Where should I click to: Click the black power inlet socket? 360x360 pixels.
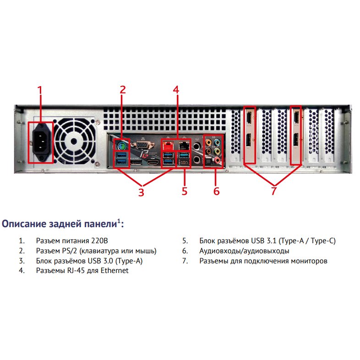[x=41, y=142]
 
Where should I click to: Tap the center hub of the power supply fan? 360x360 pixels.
[x=74, y=142]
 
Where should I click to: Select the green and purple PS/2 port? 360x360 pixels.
[x=122, y=145]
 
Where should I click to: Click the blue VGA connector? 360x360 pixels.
[x=142, y=145]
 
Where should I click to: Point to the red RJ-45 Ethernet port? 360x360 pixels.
[x=168, y=145]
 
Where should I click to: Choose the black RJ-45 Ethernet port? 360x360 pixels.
[x=185, y=145]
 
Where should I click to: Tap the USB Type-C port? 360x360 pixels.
[x=185, y=163]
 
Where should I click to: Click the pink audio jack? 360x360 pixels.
[x=217, y=159]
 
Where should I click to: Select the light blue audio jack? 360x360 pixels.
[x=217, y=142]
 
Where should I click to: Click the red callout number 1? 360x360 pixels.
[x=40, y=90]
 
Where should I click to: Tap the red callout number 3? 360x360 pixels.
[x=141, y=192]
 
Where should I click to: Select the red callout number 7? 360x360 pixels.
[x=274, y=191]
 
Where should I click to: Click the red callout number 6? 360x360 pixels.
[x=217, y=191]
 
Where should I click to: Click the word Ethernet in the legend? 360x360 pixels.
[x=115, y=271]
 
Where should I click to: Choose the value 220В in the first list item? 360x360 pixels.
[x=99, y=240]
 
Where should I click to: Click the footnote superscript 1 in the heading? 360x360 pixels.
[x=119, y=221]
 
